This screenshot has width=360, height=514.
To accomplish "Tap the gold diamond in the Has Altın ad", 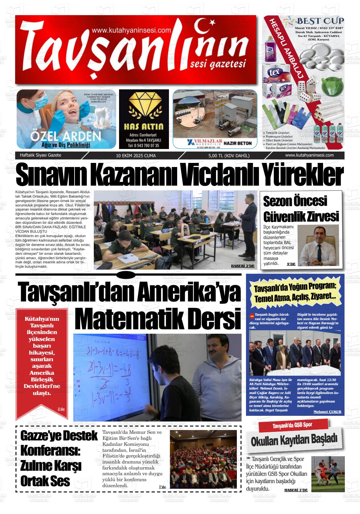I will click(x=144, y=107).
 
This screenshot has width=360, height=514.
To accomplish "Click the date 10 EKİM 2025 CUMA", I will click(x=136, y=156).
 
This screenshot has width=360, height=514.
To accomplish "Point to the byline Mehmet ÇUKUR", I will click(x=327, y=412).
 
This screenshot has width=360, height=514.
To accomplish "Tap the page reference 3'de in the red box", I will click(x=61, y=409).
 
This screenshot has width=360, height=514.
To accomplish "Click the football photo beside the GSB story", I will click(x=328, y=474).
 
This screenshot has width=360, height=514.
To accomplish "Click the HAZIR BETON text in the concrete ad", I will click(x=237, y=143).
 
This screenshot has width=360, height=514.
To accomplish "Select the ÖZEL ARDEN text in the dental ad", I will click(x=66, y=136).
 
